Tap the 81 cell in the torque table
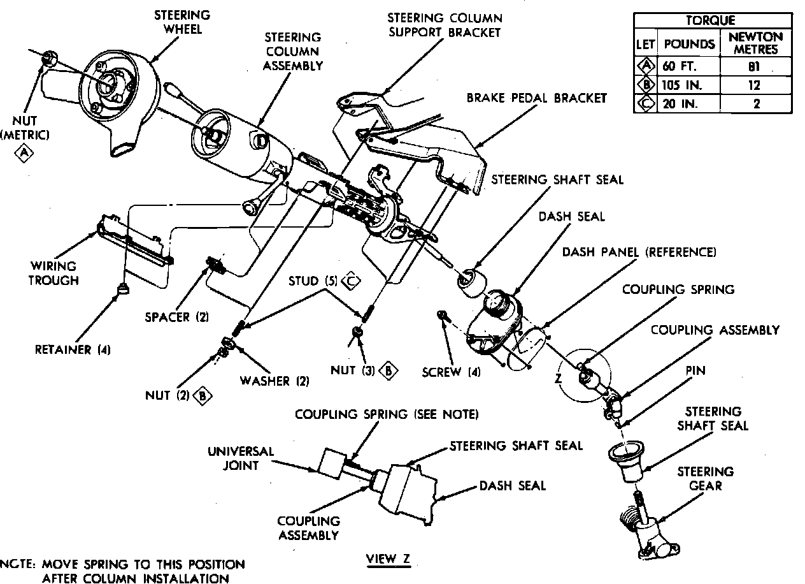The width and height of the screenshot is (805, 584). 756,66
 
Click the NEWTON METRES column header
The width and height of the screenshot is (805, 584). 756,43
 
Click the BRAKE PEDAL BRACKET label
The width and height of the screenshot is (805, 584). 536,98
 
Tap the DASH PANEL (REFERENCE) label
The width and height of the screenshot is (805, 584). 639,252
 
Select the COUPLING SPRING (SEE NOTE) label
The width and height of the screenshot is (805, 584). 386,414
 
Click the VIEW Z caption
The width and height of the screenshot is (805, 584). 388,559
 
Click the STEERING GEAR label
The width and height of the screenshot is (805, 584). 705,478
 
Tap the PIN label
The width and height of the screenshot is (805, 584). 695,370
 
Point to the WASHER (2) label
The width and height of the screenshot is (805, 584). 274,381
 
